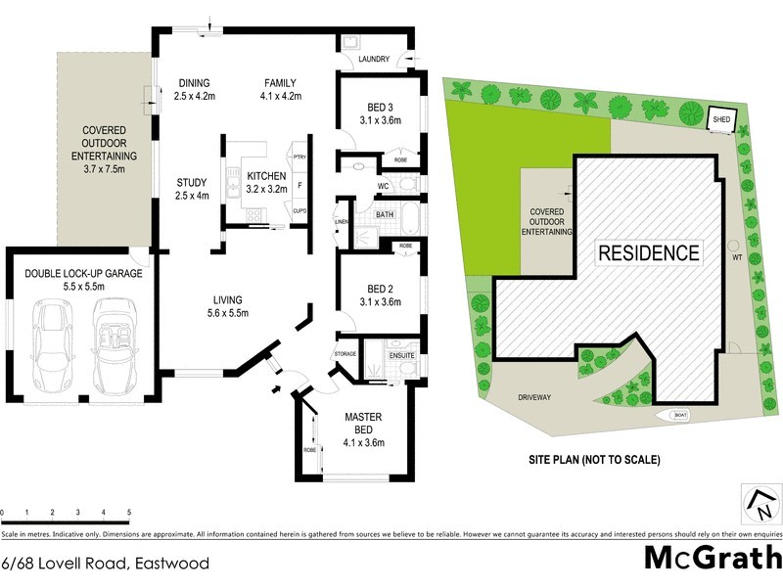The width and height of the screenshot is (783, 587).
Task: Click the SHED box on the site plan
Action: [x=721, y=118]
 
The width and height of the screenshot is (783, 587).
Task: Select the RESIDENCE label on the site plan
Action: [x=649, y=252]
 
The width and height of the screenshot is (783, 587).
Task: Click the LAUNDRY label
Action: [x=374, y=60]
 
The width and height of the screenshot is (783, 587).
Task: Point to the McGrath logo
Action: [x=712, y=558]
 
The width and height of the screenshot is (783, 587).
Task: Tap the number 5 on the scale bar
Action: [x=129, y=512]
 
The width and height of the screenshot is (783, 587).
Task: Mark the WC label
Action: [x=385, y=184]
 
